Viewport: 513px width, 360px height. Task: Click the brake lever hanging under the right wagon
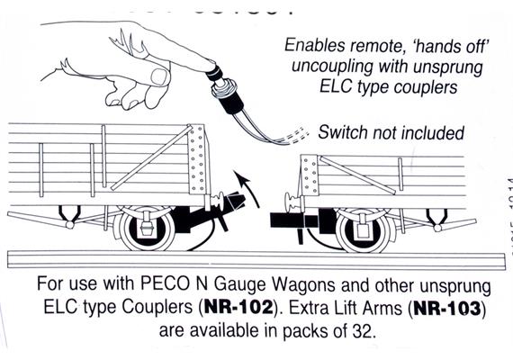[436, 216]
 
